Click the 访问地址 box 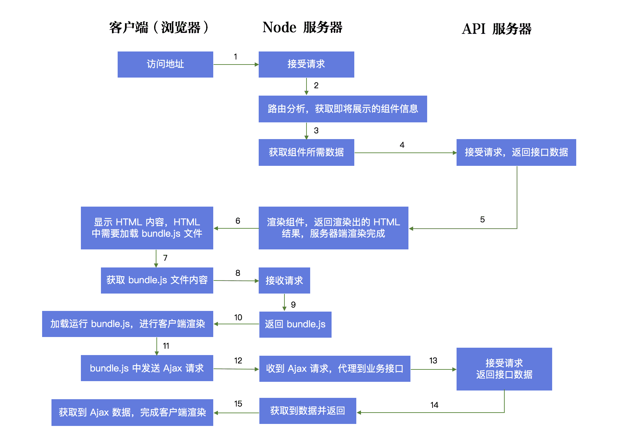165,64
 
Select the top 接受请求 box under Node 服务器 306,64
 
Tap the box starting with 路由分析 343,109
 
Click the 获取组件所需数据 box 306,152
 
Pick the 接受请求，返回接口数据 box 516,152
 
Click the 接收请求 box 284,280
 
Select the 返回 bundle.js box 295,324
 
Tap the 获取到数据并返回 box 307,411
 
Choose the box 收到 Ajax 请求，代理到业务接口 335,368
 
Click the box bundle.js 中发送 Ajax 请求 147,368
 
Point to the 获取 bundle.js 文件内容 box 157,280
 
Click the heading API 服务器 496,29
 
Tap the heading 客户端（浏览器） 158,27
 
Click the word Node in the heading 279,27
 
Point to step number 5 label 482,220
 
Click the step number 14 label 434,405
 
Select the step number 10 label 238,318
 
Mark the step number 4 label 402,145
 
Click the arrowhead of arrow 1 256,65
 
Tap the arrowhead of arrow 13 454,369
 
